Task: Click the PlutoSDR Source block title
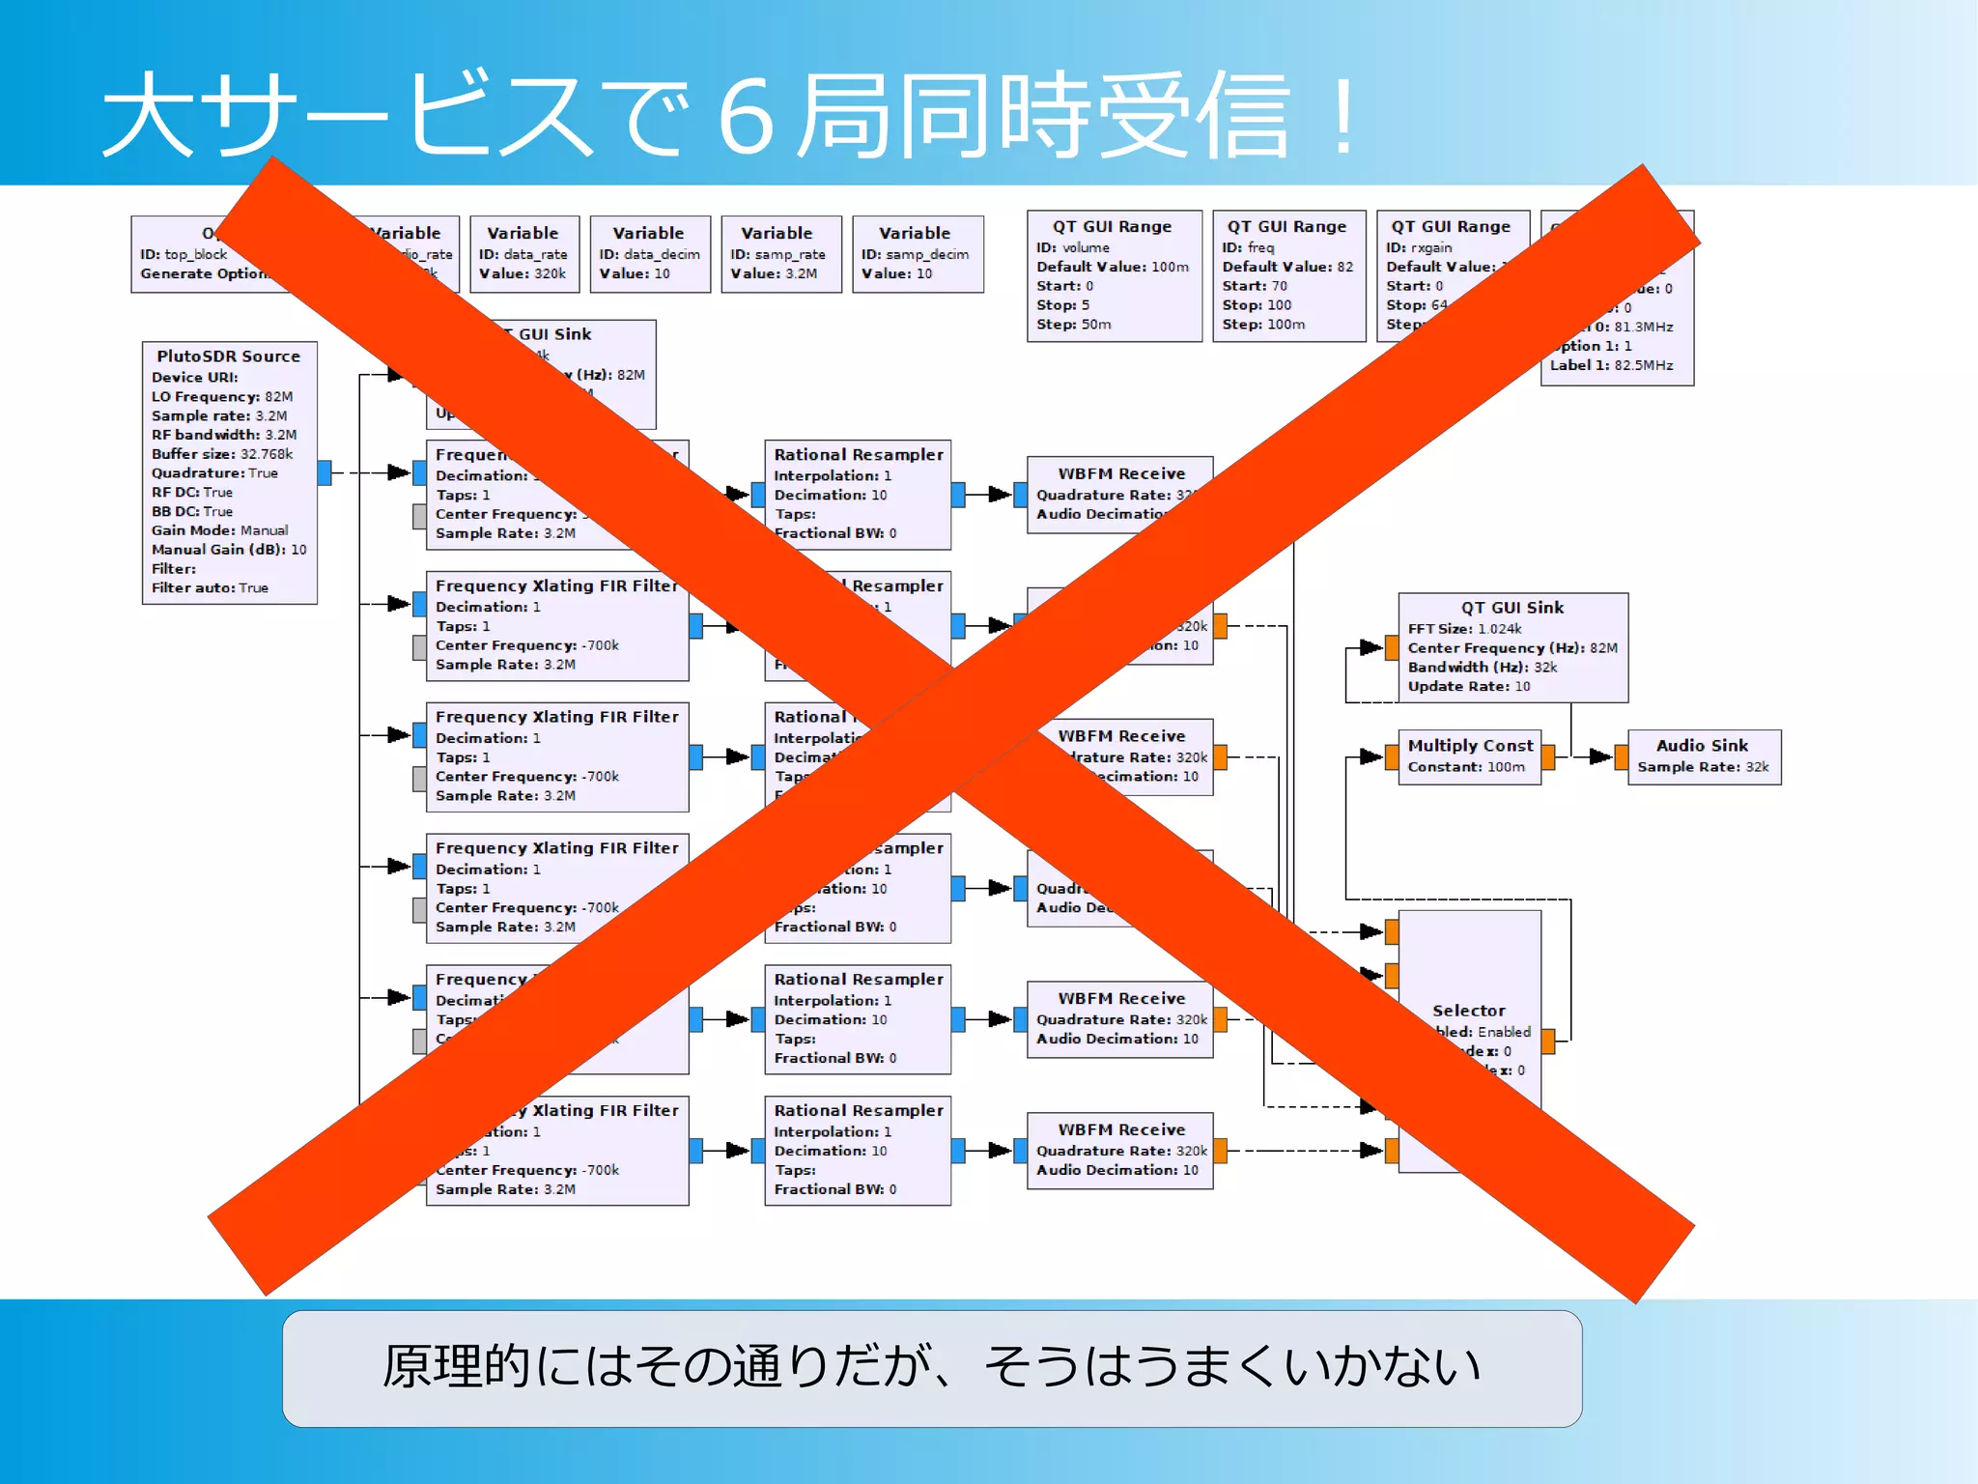229,357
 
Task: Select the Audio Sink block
1704,756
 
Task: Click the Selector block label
1468,1011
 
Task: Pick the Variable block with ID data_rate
523,254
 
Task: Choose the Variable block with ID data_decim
650,254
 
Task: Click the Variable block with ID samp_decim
917,254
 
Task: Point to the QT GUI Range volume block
1114,275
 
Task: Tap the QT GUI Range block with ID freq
1288,275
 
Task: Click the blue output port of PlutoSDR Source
325,472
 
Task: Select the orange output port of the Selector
1548,1041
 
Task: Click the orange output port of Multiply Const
1548,756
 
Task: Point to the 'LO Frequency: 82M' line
222,397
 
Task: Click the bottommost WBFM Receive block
1119,1150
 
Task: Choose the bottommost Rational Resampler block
857,1150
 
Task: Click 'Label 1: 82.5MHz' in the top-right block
1611,365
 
